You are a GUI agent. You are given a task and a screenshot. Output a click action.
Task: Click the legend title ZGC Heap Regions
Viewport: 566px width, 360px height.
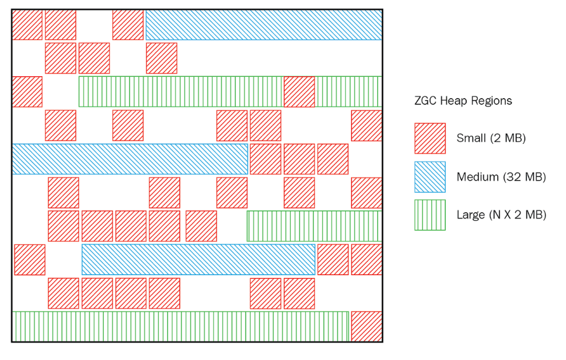(x=463, y=101)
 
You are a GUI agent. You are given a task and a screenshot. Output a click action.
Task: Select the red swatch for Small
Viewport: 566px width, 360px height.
(x=430, y=138)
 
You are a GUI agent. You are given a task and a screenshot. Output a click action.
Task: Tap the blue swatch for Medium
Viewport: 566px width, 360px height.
(x=430, y=177)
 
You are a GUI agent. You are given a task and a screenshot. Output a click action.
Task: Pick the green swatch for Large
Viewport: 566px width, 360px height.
(x=430, y=215)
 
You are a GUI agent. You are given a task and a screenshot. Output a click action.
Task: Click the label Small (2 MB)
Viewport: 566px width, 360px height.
(x=491, y=138)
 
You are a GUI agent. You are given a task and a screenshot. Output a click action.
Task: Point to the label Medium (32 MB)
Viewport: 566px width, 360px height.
(x=501, y=177)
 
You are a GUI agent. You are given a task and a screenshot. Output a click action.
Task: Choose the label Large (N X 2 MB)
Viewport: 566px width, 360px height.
(x=501, y=215)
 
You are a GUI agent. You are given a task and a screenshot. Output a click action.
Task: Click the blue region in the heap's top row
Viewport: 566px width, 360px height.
(x=264, y=25)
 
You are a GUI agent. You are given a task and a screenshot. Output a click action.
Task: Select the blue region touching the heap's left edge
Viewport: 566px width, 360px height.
(x=130, y=159)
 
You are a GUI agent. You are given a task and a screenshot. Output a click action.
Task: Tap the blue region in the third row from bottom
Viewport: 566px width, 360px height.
(x=198, y=259)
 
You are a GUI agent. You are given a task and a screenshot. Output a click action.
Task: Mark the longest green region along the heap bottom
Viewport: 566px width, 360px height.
(x=180, y=326)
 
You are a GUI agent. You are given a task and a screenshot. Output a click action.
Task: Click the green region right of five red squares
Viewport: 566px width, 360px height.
(x=314, y=226)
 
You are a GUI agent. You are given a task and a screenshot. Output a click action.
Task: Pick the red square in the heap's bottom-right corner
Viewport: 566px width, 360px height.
(x=366, y=326)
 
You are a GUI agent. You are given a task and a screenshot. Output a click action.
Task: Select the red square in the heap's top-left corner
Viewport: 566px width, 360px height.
(x=27, y=25)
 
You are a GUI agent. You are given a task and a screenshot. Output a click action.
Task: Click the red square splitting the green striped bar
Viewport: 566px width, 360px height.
(x=299, y=92)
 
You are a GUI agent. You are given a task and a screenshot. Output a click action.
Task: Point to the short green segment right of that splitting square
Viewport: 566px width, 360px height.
(x=349, y=92)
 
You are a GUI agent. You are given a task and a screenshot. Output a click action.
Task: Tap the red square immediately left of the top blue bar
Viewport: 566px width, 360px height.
(x=128, y=25)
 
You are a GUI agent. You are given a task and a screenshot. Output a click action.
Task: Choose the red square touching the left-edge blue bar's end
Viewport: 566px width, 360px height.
(x=266, y=159)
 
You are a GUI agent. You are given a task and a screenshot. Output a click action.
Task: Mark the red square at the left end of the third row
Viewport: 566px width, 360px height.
(x=27, y=92)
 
